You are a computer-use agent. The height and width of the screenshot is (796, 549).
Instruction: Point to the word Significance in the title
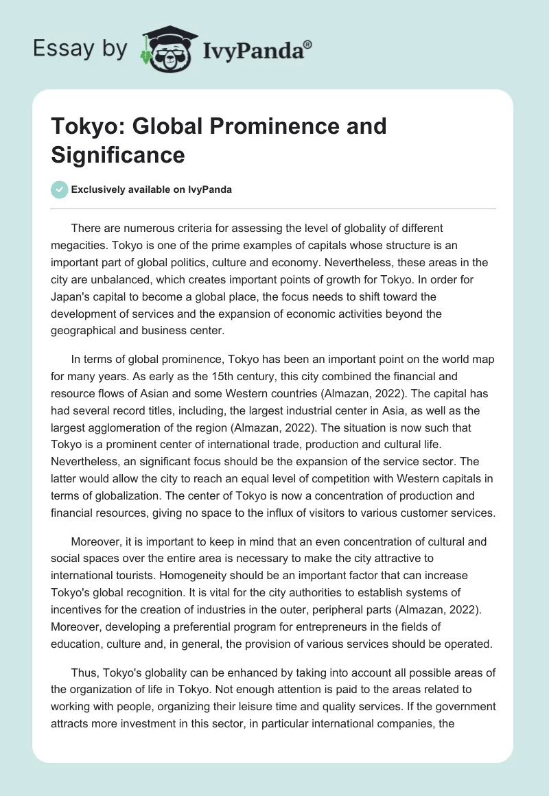118,154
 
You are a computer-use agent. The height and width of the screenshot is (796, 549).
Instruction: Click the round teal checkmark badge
59,189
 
